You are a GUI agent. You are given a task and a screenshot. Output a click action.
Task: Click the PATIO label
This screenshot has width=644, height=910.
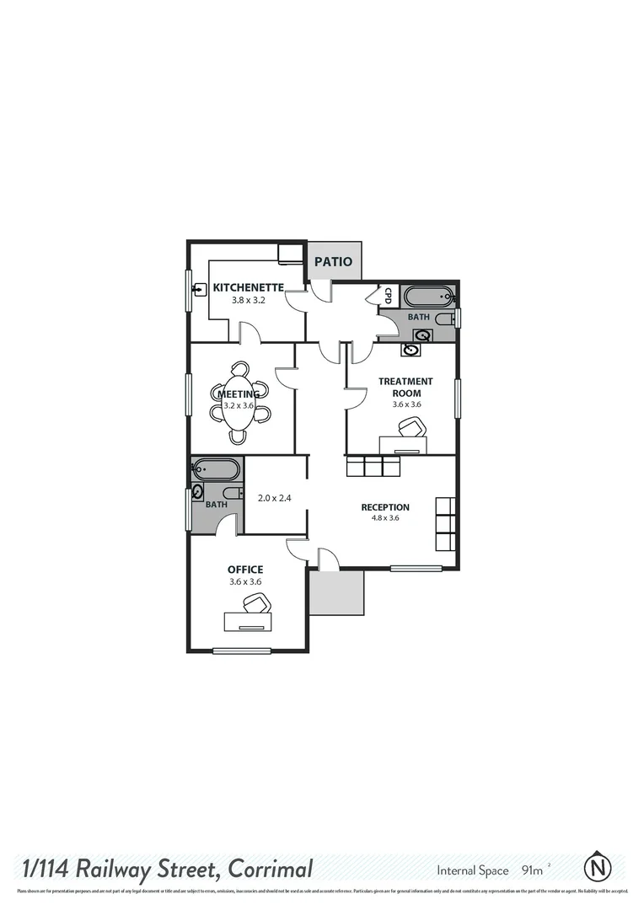[x=333, y=261]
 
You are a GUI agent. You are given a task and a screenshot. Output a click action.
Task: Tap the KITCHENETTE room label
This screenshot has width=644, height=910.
[x=248, y=287]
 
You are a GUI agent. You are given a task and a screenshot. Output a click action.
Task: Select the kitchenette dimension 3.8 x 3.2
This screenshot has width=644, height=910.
[x=249, y=299]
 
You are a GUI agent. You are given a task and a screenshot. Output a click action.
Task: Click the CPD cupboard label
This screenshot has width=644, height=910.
[x=389, y=296]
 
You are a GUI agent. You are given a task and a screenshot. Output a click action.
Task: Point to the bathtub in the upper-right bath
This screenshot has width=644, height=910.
[x=429, y=297]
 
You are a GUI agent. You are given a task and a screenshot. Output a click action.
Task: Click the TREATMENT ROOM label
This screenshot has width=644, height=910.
[x=405, y=387]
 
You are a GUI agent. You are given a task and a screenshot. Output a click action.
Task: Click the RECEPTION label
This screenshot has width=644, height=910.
[x=385, y=507]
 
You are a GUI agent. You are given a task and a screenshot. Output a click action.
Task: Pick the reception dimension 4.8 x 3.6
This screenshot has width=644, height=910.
[x=385, y=518]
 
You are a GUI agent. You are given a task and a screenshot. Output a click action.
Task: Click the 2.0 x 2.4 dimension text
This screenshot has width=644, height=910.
[x=274, y=498]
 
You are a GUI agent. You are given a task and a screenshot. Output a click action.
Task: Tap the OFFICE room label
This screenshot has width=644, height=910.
[x=245, y=570]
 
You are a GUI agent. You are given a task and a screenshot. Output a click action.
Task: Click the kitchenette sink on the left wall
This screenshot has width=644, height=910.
[x=200, y=289]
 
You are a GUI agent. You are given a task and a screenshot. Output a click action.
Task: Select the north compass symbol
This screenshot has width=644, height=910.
[x=598, y=865]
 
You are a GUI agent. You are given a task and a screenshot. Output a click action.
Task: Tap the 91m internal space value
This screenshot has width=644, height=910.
[x=533, y=870]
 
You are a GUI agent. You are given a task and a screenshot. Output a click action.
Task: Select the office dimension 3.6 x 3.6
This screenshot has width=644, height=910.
[x=245, y=581]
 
